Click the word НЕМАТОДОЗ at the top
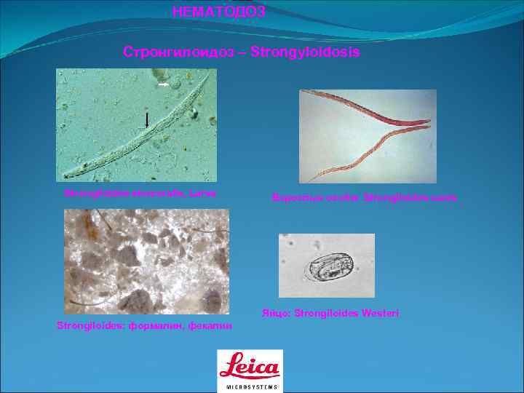point(218,11)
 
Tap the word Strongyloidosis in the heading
point(305,52)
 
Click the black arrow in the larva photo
point(147,119)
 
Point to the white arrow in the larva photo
point(164,85)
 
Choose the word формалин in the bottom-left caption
point(154,325)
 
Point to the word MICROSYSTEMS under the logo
point(250,386)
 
